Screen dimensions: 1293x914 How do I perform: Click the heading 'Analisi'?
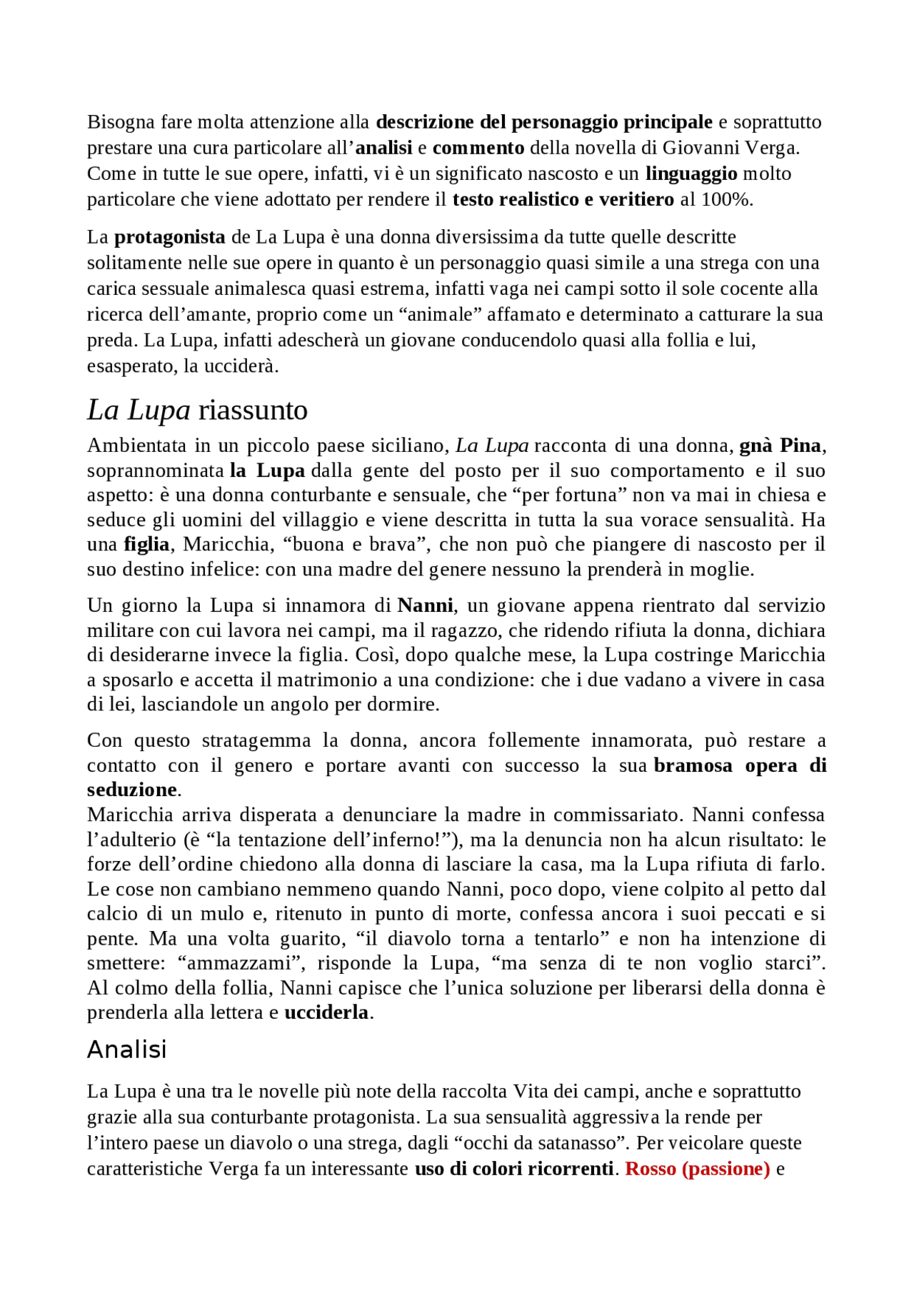click(126, 1050)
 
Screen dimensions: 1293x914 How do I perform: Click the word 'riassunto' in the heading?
click(252, 411)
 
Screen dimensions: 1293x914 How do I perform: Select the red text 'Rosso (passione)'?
click(697, 1169)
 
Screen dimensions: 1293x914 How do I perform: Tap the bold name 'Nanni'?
click(425, 605)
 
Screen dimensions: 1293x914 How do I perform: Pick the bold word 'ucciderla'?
click(326, 1012)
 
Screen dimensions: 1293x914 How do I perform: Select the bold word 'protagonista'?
click(169, 237)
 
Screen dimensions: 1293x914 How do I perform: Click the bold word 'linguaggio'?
click(690, 173)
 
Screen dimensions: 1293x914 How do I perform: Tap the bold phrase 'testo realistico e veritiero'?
click(563, 199)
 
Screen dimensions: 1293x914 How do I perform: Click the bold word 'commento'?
click(478, 148)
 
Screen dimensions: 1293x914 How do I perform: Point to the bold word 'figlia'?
click(146, 545)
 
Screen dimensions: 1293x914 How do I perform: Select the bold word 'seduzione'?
click(131, 790)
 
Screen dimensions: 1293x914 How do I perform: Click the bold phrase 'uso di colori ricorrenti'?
click(513, 1169)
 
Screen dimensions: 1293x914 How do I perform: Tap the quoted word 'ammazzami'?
click(239, 963)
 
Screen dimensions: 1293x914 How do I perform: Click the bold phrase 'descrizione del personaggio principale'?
click(543, 122)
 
